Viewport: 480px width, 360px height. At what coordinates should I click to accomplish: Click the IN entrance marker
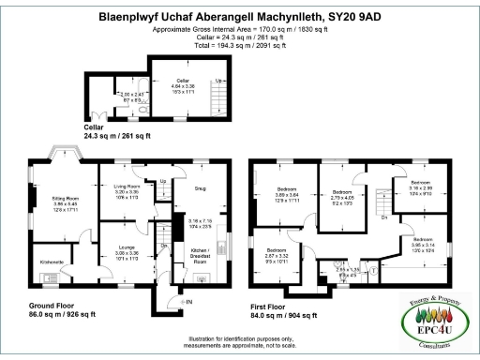point(187,301)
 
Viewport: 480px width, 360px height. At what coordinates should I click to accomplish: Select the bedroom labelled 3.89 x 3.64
point(278,193)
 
